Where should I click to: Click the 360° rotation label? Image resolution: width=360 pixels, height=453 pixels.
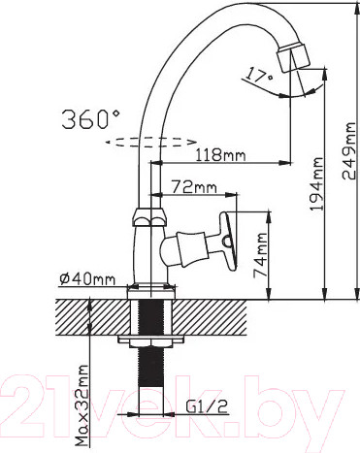pos(90,119)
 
